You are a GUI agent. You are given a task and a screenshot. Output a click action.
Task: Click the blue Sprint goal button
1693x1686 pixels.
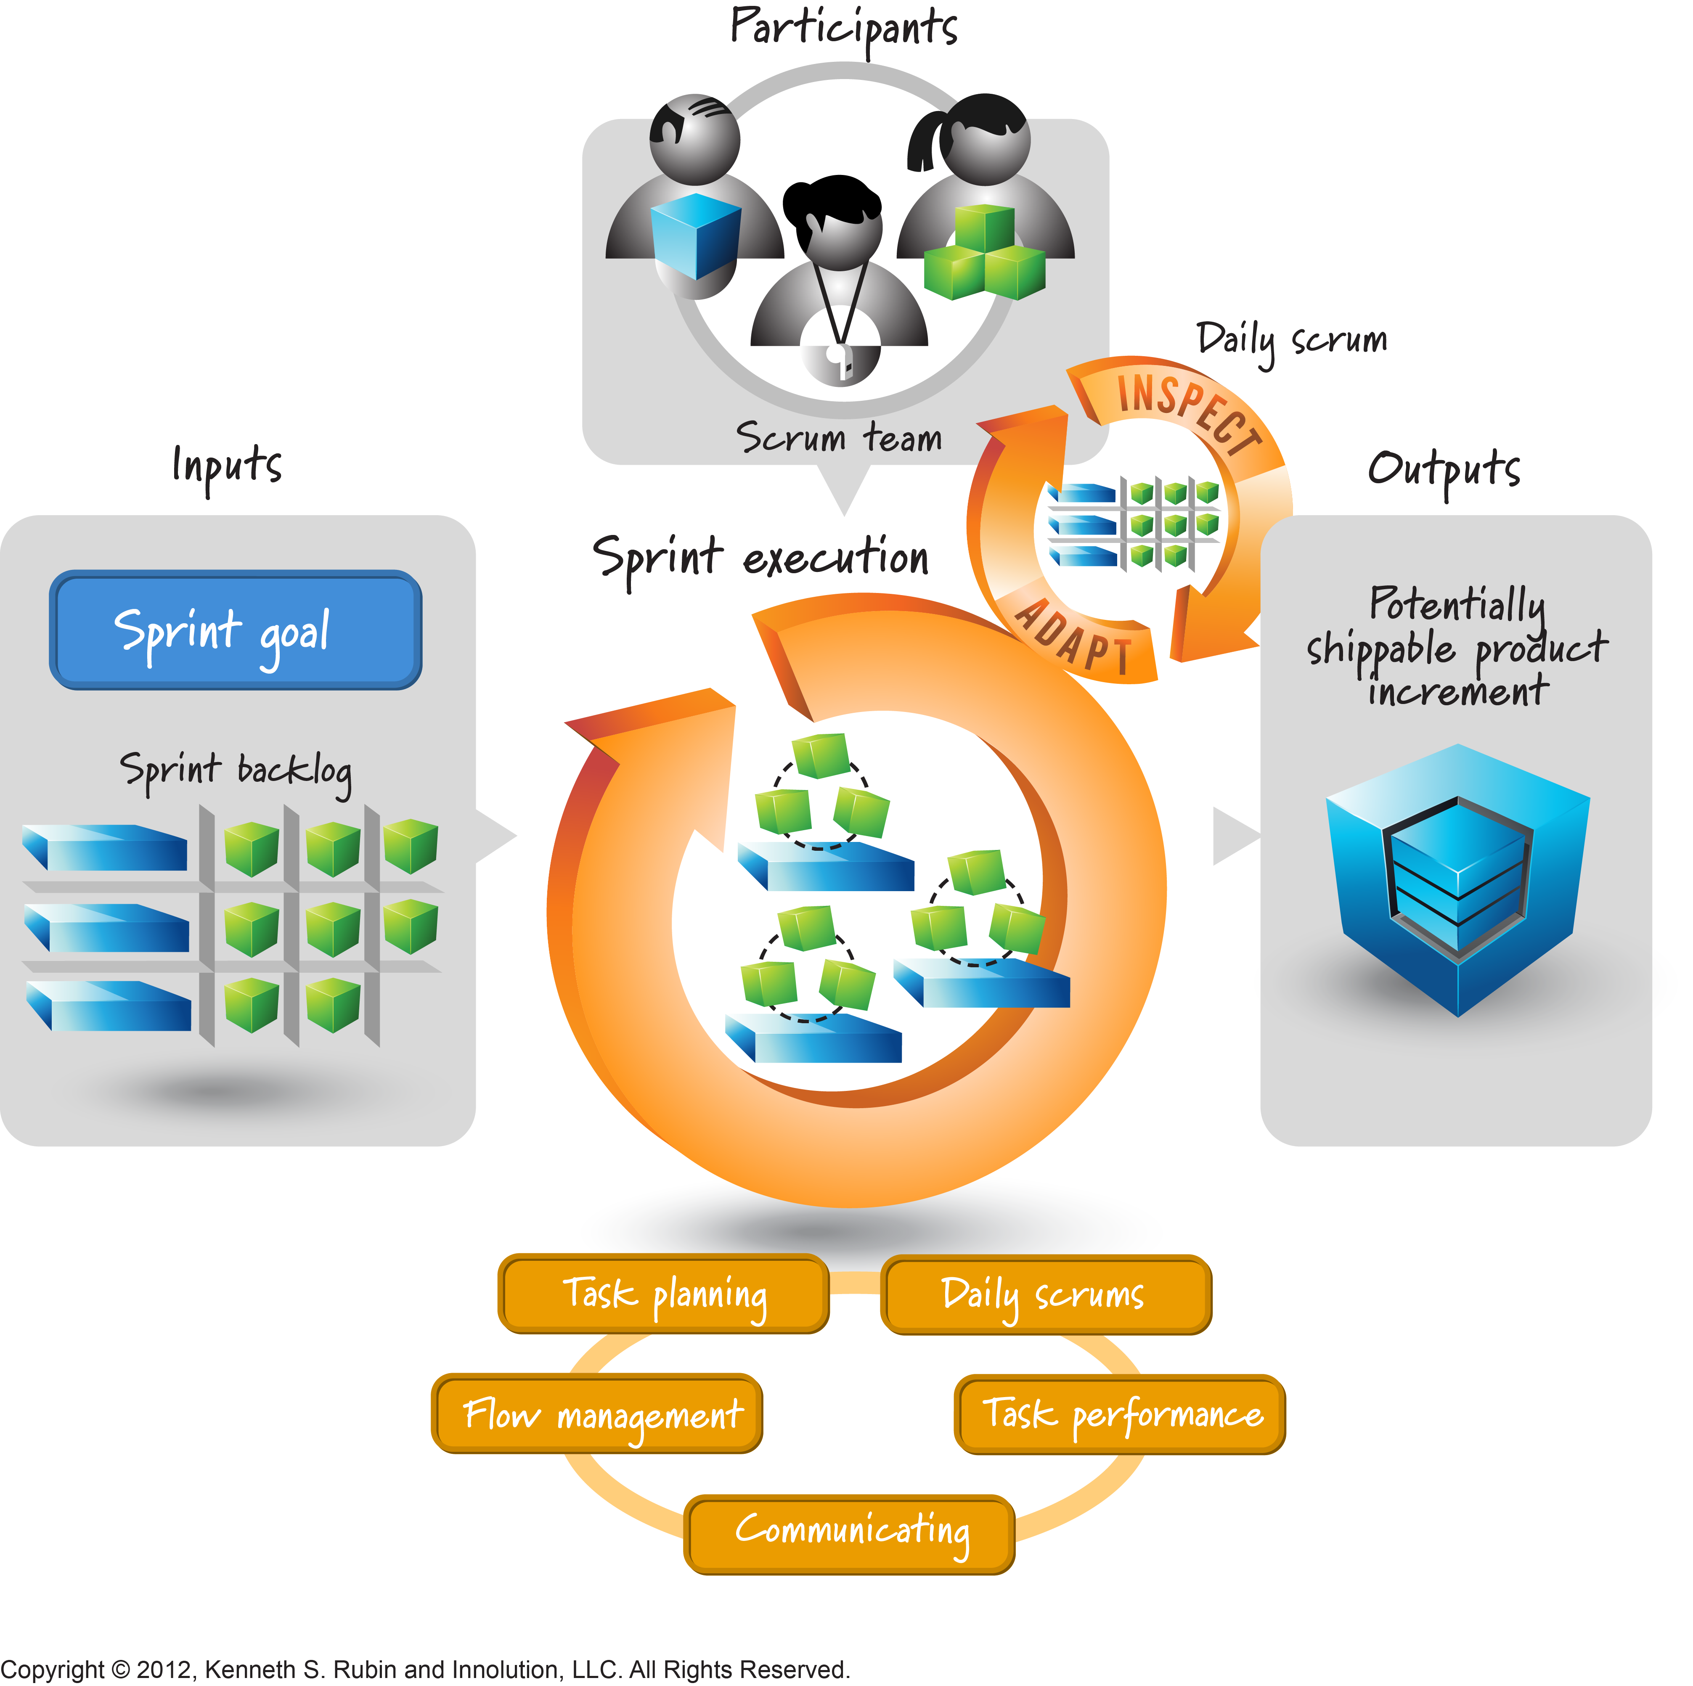(235, 629)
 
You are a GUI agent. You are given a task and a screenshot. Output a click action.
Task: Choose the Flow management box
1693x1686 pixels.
(597, 1413)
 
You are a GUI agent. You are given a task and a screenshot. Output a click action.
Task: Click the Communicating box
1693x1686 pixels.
(849, 1533)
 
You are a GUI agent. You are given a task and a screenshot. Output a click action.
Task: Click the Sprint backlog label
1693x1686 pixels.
(236, 770)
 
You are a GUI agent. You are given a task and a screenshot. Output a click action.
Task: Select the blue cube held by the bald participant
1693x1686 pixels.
(696, 235)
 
